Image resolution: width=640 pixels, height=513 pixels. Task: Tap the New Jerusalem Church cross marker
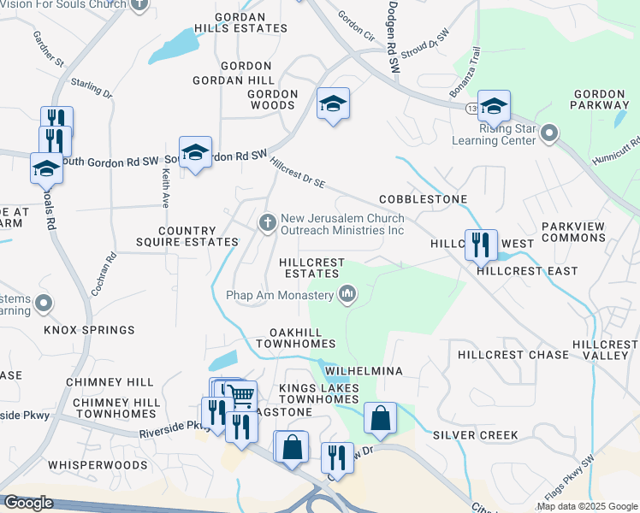(x=268, y=224)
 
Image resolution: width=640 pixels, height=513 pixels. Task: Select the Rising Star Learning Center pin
(x=549, y=133)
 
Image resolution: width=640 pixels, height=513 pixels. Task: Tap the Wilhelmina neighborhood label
(x=364, y=372)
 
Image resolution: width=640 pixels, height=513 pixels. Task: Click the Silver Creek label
(x=475, y=435)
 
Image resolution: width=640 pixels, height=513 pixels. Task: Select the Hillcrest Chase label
(x=513, y=355)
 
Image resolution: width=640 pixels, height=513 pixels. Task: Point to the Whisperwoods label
(x=98, y=465)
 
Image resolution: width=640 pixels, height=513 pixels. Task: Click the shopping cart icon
(x=243, y=395)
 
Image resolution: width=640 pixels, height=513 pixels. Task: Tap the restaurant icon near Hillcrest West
(x=480, y=245)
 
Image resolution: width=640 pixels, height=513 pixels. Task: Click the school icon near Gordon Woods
(x=333, y=104)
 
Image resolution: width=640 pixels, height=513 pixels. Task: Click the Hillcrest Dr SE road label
(x=298, y=172)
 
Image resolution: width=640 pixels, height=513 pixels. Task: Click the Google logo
(x=28, y=503)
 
